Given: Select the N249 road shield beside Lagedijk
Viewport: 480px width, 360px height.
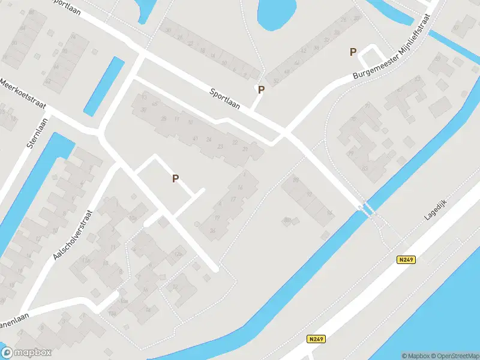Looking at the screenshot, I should pos(406,260).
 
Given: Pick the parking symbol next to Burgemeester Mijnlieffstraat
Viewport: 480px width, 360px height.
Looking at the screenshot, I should pos(353,52).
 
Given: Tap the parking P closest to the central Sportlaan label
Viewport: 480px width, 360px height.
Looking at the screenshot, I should pos(261,90).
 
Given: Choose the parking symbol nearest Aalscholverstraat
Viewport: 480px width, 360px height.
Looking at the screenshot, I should pos(176,178).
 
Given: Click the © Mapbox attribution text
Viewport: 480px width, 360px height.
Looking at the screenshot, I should pos(416,355).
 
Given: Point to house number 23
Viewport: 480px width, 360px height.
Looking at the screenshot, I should pos(221,146).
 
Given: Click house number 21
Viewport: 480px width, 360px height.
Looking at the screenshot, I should pos(245,149).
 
